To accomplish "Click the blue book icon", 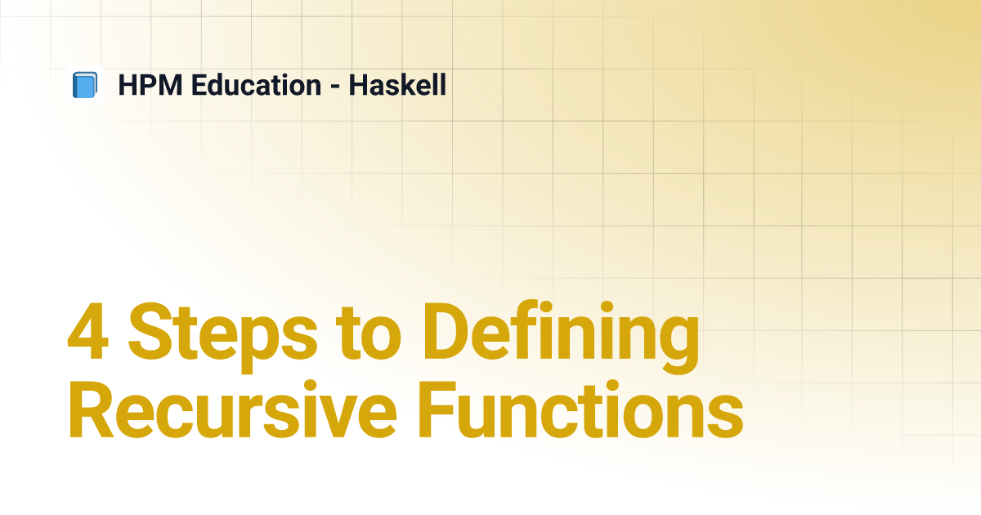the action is (x=85, y=85).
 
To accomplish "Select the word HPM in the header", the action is (x=150, y=85).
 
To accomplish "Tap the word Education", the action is (x=256, y=85).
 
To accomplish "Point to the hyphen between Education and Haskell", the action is (x=335, y=86).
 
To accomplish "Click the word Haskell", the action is (x=397, y=85).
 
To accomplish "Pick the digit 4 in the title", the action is (x=88, y=331).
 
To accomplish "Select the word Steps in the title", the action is (x=222, y=337).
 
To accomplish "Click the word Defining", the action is (x=560, y=337).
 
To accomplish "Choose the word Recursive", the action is (x=232, y=410).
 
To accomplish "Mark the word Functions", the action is (x=580, y=410).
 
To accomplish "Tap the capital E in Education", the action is (x=199, y=85).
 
